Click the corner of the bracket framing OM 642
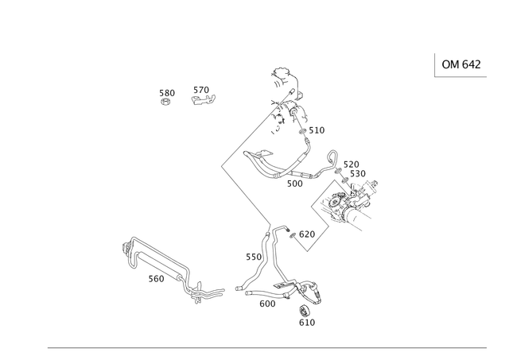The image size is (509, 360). (436, 76)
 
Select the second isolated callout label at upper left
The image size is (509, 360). (204, 97)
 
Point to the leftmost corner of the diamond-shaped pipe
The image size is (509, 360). (221, 165)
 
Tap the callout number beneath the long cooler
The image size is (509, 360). (155, 280)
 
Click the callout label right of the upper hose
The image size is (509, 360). (321, 129)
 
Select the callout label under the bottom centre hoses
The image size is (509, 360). (268, 303)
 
